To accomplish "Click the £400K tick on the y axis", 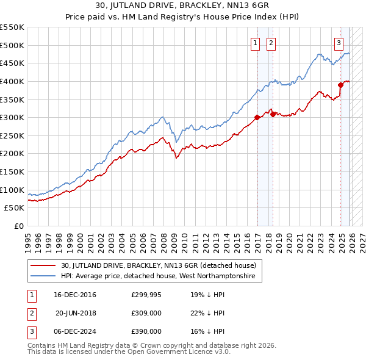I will point(12,81).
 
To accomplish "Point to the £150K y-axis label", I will point(12,171).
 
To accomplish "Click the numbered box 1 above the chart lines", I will point(254,43).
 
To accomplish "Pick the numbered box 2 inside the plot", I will point(270,43).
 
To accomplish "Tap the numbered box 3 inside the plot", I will point(339,43).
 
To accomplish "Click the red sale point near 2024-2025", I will point(341,85).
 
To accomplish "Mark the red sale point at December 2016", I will point(257,118).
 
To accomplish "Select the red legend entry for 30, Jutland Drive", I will point(161,265).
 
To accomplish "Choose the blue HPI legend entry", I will point(161,276).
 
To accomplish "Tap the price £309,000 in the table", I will point(146,313).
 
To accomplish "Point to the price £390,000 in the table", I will point(146,331).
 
